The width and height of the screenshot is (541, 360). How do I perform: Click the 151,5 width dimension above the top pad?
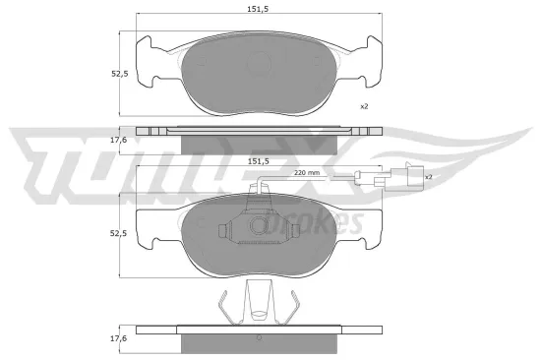click(x=260, y=11)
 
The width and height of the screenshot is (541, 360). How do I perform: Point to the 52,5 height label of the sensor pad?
click(x=119, y=232)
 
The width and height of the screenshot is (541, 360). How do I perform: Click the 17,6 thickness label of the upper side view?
click(x=119, y=141)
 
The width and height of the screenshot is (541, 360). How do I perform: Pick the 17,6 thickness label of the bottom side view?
click(x=119, y=338)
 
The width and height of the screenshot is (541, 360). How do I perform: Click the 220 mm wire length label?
click(x=308, y=172)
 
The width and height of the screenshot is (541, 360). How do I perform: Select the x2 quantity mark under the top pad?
click(x=363, y=106)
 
